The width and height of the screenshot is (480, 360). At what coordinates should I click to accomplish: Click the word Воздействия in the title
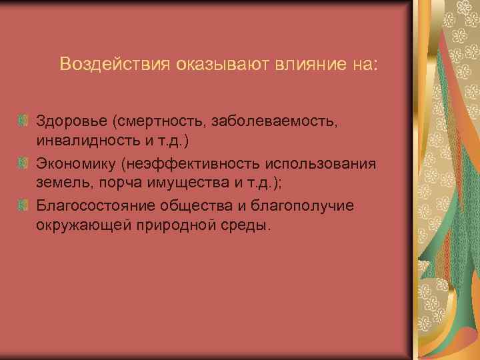(x=115, y=65)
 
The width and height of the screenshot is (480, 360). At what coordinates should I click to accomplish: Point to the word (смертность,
(x=158, y=122)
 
